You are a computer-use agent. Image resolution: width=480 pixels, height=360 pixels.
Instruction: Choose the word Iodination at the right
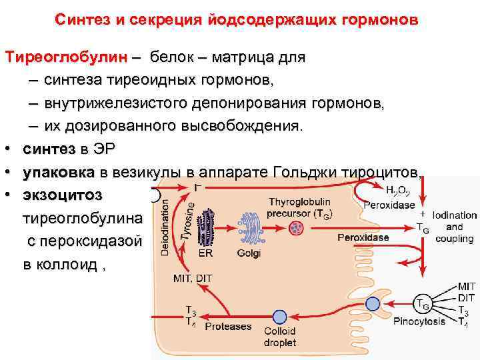(454, 215)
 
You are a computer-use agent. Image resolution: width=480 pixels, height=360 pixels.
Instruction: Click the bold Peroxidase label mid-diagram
(363, 237)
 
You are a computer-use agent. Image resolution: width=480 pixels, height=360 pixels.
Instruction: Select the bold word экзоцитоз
(63, 195)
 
